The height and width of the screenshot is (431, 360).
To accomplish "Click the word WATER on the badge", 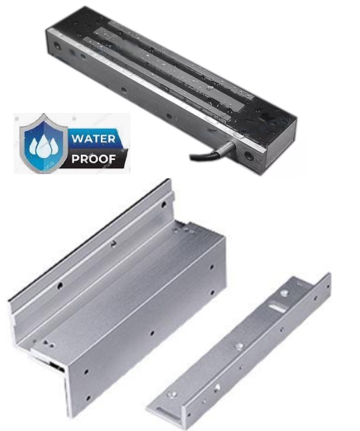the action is tap(94, 139).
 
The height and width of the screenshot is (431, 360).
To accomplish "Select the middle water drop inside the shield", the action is tap(44, 146).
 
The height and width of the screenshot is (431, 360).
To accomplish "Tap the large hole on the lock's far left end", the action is tap(57, 46).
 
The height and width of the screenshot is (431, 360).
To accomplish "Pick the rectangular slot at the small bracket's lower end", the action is tap(164, 412).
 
